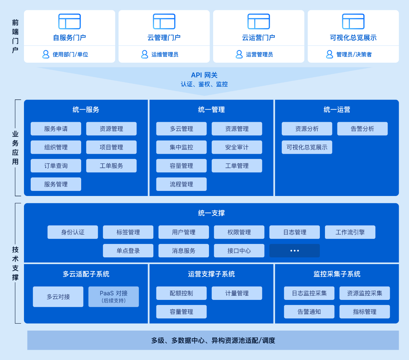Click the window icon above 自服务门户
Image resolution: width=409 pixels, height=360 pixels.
(x=69, y=21)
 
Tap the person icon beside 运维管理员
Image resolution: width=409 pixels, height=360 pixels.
(x=144, y=54)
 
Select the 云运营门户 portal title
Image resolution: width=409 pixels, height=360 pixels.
(x=259, y=38)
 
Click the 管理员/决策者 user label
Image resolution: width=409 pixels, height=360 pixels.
(x=354, y=54)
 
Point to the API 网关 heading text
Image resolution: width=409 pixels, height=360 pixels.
(x=204, y=75)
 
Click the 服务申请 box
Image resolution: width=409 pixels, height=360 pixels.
(x=56, y=129)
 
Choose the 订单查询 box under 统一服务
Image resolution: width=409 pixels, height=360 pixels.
(x=56, y=166)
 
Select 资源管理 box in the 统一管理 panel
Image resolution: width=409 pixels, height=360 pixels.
(x=237, y=129)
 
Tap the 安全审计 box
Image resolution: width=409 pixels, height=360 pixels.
(x=237, y=147)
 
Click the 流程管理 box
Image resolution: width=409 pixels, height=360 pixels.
(x=181, y=184)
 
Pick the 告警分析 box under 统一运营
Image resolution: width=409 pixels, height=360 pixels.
(x=362, y=129)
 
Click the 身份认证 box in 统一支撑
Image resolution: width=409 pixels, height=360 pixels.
(x=73, y=232)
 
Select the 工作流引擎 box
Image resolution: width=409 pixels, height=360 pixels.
(x=350, y=232)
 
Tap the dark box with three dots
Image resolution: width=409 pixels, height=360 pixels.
(x=294, y=251)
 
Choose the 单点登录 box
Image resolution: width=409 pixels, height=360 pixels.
(x=128, y=251)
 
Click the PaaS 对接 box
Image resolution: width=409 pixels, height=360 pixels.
(x=113, y=297)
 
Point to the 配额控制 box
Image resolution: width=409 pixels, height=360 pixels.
(x=181, y=293)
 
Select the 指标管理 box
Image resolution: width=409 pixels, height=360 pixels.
(x=365, y=312)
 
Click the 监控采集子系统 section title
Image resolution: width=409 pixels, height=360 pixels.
(x=337, y=274)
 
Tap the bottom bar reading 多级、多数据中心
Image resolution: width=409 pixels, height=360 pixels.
(x=213, y=340)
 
